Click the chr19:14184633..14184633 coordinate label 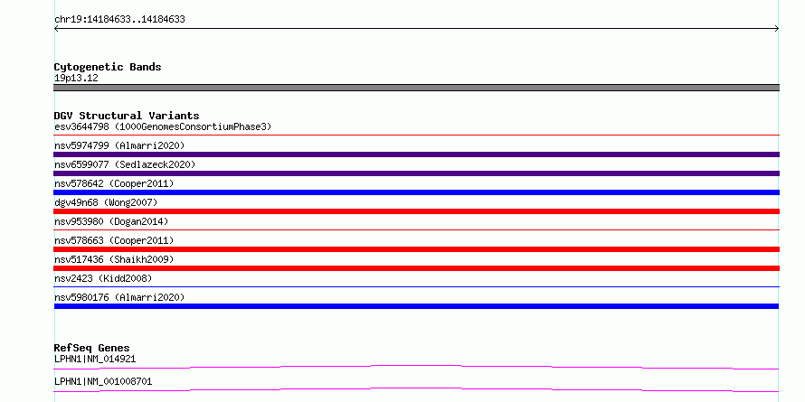(119, 20)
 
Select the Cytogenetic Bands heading (108, 67)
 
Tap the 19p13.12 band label (76, 79)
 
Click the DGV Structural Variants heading (127, 116)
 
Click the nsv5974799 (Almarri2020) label (119, 145)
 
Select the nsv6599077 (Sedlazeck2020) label (125, 164)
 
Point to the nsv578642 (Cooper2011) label (114, 183)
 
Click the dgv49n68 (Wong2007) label (106, 202)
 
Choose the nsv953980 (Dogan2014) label (111, 221)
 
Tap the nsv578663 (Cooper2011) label (114, 240)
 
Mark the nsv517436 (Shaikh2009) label (114, 259)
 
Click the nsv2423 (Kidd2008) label (103, 278)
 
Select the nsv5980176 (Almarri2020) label (119, 297)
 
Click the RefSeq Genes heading (91, 348)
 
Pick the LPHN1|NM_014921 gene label (95, 359)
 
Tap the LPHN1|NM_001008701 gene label (103, 381)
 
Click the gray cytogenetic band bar (416, 88)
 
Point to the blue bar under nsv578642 (416, 192)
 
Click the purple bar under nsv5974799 (416, 154)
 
